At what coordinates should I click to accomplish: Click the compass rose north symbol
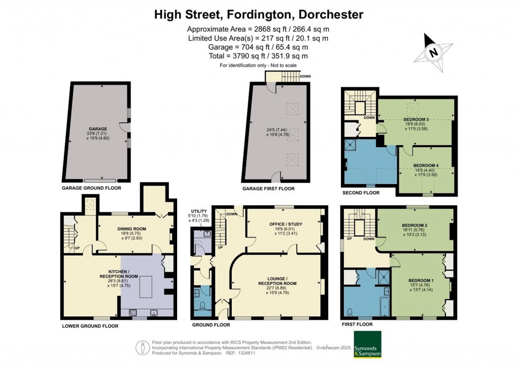click(433, 52)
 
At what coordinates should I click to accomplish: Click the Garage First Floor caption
click(269, 188)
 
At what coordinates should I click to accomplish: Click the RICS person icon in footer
click(143, 348)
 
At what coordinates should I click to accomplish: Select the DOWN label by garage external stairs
click(305, 76)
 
